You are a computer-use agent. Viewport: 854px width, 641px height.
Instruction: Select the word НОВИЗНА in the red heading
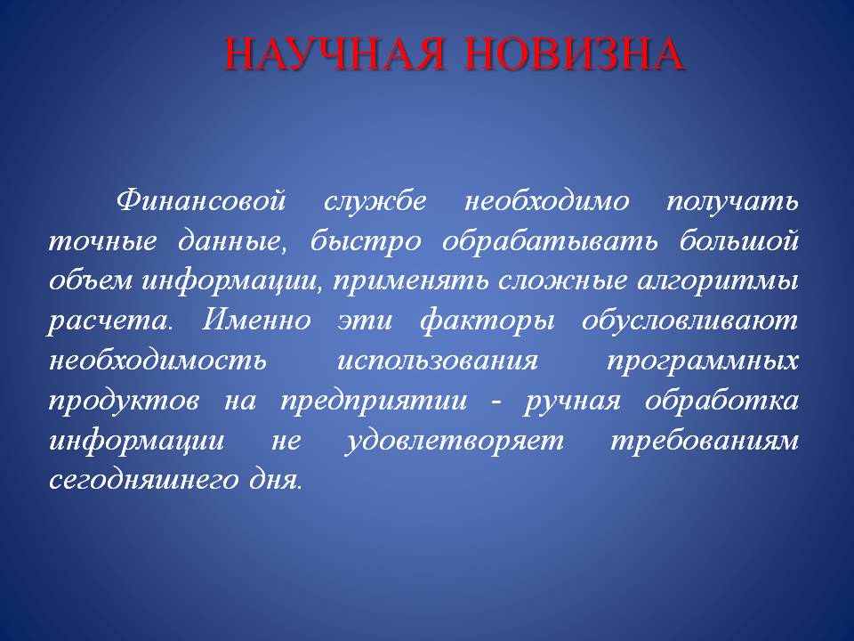[x=575, y=54]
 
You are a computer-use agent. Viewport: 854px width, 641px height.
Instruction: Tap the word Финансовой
[x=201, y=200]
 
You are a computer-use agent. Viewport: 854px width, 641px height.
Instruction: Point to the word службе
[x=375, y=200]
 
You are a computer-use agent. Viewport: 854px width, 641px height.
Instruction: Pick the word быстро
[x=366, y=240]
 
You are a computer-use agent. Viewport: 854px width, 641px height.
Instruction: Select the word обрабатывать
[x=550, y=240]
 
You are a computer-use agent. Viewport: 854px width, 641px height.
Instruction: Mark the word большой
[x=738, y=240]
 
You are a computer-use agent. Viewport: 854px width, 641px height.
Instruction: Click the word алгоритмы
[x=718, y=281]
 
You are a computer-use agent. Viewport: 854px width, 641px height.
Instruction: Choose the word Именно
[x=256, y=320]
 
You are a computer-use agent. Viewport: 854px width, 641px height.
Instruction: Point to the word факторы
[x=487, y=320]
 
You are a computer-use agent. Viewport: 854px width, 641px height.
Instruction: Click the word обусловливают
[x=689, y=320]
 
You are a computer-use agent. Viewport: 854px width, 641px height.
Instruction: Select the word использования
[x=438, y=361]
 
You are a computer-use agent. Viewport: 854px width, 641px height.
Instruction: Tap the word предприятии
[x=374, y=402]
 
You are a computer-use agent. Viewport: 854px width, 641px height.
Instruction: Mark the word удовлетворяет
[x=455, y=441]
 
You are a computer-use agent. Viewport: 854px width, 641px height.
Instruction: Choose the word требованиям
[x=705, y=442]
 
